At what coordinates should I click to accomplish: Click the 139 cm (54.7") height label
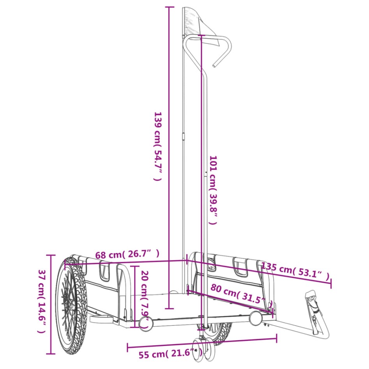click(157, 147)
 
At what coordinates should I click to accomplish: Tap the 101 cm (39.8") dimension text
click(213, 190)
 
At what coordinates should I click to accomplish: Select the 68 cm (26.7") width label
click(127, 255)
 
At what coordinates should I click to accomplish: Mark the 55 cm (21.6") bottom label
click(171, 354)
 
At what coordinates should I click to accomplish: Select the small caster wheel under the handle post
click(203, 347)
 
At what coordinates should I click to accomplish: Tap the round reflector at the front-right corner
click(255, 318)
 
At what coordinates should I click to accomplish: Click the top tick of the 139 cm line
click(169, 7)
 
